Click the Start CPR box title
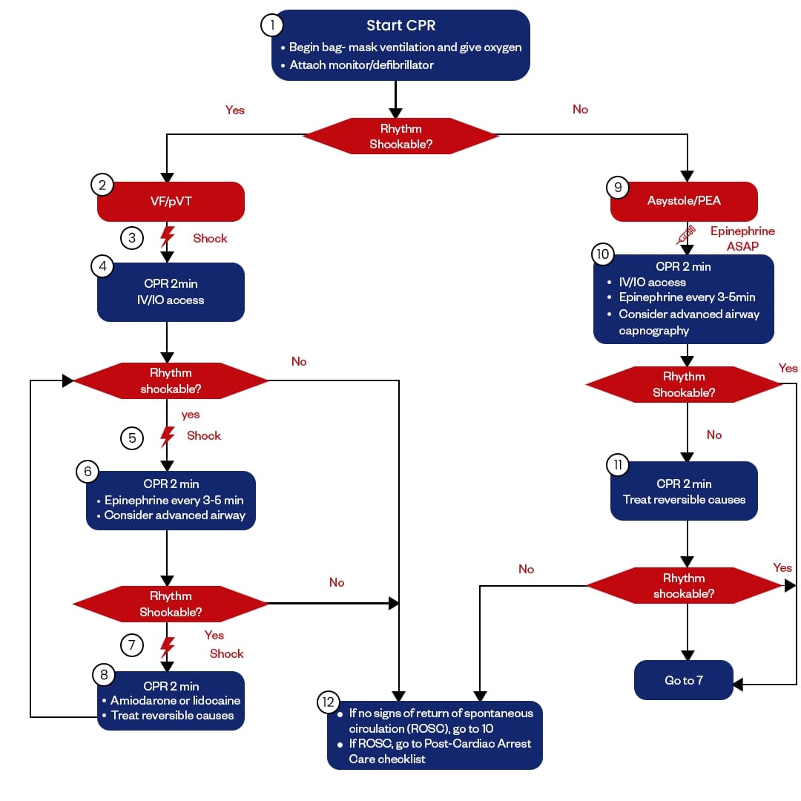click(x=400, y=25)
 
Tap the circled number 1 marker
click(x=272, y=25)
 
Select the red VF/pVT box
click(x=171, y=201)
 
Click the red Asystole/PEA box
click(x=684, y=201)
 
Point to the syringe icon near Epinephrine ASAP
click(x=686, y=235)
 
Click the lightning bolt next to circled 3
click(x=168, y=238)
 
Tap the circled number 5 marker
click(x=132, y=438)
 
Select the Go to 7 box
click(x=684, y=680)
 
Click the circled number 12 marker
click(x=328, y=702)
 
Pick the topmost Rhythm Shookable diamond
click(x=400, y=136)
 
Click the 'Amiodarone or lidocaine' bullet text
click(x=175, y=700)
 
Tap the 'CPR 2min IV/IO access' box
click(x=171, y=291)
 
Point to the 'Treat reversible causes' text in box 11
click(x=684, y=499)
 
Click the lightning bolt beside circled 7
click(x=168, y=645)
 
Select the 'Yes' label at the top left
click(x=235, y=110)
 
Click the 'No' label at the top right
click(x=580, y=110)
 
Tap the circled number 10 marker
click(x=602, y=254)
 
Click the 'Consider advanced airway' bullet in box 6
click(x=174, y=515)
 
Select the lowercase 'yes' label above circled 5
click(x=191, y=415)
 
